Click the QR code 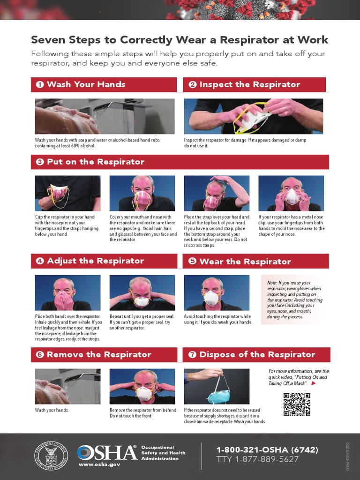pyautogui.click(x=297, y=405)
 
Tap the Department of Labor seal pyautogui.click(x=51, y=456)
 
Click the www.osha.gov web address pyautogui.click(x=99, y=464)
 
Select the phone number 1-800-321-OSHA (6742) pyautogui.click(x=267, y=450)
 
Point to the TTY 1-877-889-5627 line pyautogui.click(x=257, y=459)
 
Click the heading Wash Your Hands pyautogui.click(x=86, y=84)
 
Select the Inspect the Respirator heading pyautogui.click(x=249, y=84)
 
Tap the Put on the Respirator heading pyautogui.click(x=96, y=162)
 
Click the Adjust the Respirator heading pyautogui.click(x=95, y=261)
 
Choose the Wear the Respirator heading pyautogui.click(x=245, y=261)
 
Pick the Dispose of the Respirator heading pyautogui.click(x=257, y=354)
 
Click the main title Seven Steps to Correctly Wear pyautogui.click(x=180, y=40)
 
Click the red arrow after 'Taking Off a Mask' pyautogui.click(x=314, y=383)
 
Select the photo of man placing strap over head pyautogui.click(x=217, y=193)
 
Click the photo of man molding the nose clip pyautogui.click(x=291, y=193)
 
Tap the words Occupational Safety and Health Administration pyautogui.click(x=163, y=453)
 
